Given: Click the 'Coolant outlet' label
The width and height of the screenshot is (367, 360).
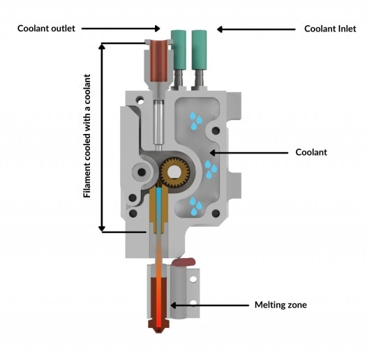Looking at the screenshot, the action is point(46,29).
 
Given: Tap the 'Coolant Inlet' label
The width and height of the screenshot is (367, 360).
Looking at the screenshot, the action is point(330,29).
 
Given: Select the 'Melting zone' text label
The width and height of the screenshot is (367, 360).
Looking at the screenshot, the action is point(280,305).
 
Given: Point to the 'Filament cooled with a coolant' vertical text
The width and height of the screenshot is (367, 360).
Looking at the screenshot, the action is point(87,136).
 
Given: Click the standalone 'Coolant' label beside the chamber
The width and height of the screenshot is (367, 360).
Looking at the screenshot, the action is point(311,152).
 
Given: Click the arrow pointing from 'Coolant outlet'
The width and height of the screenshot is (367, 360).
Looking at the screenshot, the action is point(121,29).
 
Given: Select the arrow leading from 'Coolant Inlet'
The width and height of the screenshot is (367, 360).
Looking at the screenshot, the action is point(256,29).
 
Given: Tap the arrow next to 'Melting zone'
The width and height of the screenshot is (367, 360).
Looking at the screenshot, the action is point(209,305).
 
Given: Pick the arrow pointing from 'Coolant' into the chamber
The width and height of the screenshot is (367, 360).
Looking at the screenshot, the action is point(249,153).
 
